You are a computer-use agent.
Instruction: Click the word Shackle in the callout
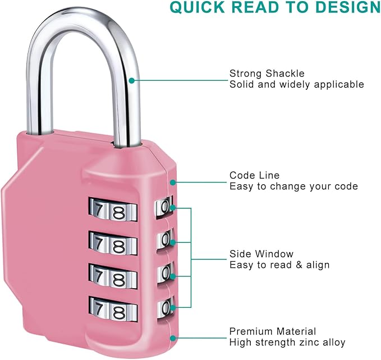tap(285, 74)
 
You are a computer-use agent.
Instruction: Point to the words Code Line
tap(254, 175)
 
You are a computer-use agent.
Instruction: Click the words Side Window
tap(261, 254)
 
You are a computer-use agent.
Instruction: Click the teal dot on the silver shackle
tap(131, 80)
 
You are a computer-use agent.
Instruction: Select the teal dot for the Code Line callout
tap(173, 183)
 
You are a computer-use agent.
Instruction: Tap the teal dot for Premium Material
tap(173, 338)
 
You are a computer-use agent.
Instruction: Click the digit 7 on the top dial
tap(98, 209)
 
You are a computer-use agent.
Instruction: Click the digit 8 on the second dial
tap(120, 246)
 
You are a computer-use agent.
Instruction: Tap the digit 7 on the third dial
tap(98, 276)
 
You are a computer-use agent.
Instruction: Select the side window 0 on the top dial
tap(165, 206)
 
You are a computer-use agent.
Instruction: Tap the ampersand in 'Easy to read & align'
tap(299, 265)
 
